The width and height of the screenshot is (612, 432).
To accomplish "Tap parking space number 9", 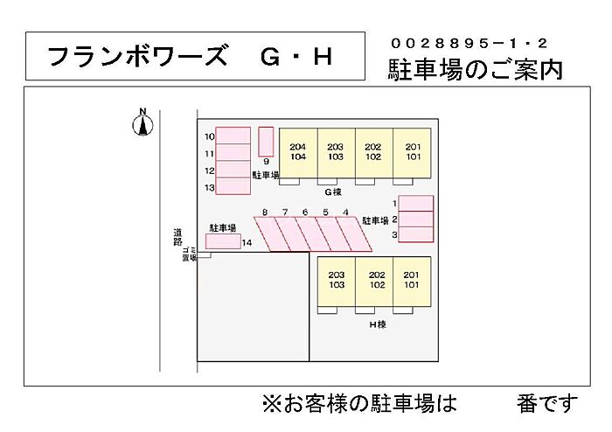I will (x=266, y=142).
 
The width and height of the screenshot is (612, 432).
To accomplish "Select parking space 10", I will (x=233, y=136).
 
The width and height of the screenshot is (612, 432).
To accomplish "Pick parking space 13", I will (x=233, y=187).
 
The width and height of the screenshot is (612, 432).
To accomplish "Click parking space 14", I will (x=223, y=241).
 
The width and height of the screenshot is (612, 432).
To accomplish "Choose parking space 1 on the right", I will (x=416, y=203).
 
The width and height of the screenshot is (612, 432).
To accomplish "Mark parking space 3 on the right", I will (x=416, y=234).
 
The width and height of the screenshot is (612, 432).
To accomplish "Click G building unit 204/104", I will (x=298, y=152).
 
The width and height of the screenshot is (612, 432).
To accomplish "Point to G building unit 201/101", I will (x=413, y=152).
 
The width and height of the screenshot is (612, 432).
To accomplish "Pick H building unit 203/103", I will (x=337, y=281).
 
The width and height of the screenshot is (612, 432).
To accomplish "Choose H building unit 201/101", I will (x=412, y=281).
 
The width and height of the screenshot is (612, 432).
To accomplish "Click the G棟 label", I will (x=332, y=192).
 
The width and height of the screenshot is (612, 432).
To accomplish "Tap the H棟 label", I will (x=377, y=324).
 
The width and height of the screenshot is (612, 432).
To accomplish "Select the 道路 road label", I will (x=177, y=237).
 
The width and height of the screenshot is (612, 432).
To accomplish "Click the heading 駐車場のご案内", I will (x=476, y=70).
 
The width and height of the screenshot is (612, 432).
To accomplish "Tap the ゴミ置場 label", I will (x=189, y=254).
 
